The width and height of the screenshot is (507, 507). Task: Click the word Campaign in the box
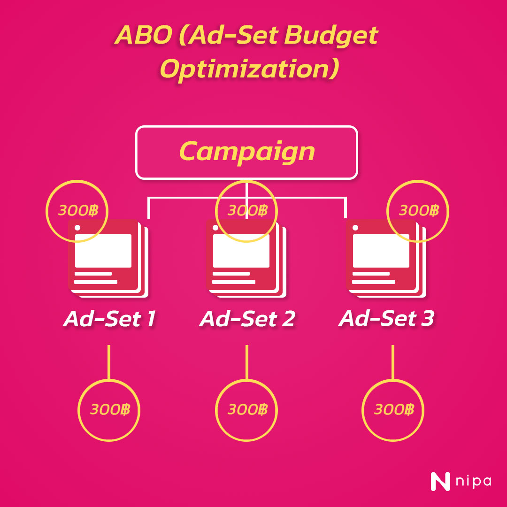tap(247, 152)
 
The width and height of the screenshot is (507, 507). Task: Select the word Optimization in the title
tap(250, 69)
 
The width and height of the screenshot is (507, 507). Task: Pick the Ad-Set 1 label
tap(109, 319)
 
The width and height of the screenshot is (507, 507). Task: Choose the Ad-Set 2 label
tap(247, 319)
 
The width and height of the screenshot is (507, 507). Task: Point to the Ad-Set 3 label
tap(386, 318)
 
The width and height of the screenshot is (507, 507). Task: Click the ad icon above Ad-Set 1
tap(108, 258)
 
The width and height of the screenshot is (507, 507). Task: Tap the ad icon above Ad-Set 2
tap(246, 258)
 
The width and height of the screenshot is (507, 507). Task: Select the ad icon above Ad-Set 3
tap(386, 258)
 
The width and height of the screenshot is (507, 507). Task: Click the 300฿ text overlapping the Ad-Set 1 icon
tap(78, 211)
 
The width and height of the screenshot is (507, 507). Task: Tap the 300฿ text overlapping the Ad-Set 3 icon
tap(419, 211)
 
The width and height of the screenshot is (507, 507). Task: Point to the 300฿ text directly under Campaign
tap(248, 211)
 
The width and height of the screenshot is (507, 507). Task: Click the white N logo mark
tap(440, 482)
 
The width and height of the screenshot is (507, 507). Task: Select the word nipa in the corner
tap(474, 482)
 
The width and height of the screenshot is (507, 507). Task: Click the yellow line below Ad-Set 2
tap(247, 362)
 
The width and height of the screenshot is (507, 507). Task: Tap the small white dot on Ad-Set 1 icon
tap(77, 228)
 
